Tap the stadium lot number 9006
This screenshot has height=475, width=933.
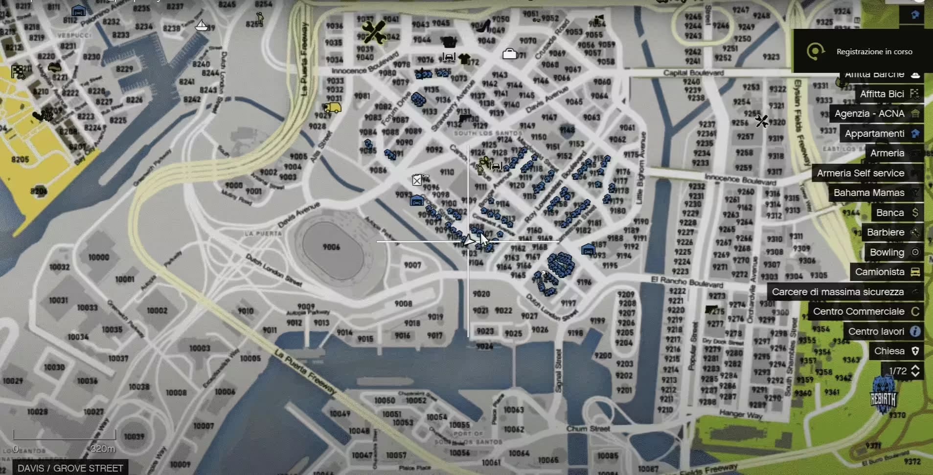pos(331,247)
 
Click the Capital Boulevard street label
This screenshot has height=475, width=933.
pos(693,73)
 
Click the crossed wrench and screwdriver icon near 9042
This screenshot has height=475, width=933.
pos(374,32)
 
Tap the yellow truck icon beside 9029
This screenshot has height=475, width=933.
pos(333,108)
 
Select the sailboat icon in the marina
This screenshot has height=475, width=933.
pos(201,25)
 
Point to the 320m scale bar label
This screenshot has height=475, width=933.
pos(103,449)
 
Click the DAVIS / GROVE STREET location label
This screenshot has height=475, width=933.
pos(70,468)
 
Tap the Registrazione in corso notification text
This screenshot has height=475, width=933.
pos(874,51)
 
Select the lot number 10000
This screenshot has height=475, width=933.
pos(98,257)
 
